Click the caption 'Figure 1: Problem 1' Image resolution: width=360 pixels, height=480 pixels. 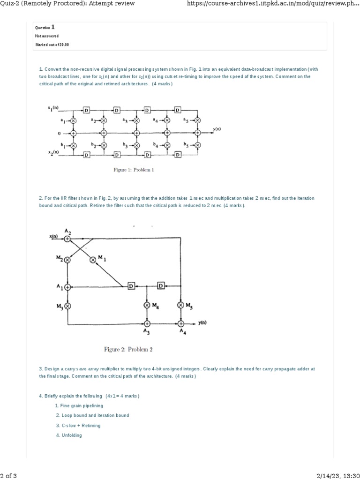(134, 170)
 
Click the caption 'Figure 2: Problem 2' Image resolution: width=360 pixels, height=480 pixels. (127, 349)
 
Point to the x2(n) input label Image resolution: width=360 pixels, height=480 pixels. (53, 153)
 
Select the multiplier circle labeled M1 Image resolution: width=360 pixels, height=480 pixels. (93, 259)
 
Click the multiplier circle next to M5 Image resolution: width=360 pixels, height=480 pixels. (181, 305)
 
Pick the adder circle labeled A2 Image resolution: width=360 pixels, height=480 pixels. (67, 239)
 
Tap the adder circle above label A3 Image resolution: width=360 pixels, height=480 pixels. (147, 323)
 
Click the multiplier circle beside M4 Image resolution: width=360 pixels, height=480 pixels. (147, 305)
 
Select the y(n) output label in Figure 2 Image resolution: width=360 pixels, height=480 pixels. (203, 323)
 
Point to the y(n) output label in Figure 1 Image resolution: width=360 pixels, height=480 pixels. (217, 128)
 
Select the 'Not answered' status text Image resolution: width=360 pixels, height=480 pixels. (47, 36)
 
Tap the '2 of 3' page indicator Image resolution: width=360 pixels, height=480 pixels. (8, 475)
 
